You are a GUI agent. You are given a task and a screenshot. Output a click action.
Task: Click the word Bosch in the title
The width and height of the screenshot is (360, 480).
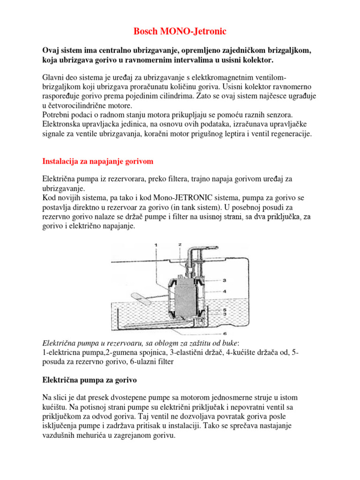[146, 31]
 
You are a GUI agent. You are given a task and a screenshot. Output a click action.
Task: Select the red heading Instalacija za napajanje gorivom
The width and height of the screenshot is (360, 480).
[98, 161]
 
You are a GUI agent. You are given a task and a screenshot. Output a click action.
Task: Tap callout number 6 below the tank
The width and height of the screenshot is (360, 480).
[225, 333]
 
